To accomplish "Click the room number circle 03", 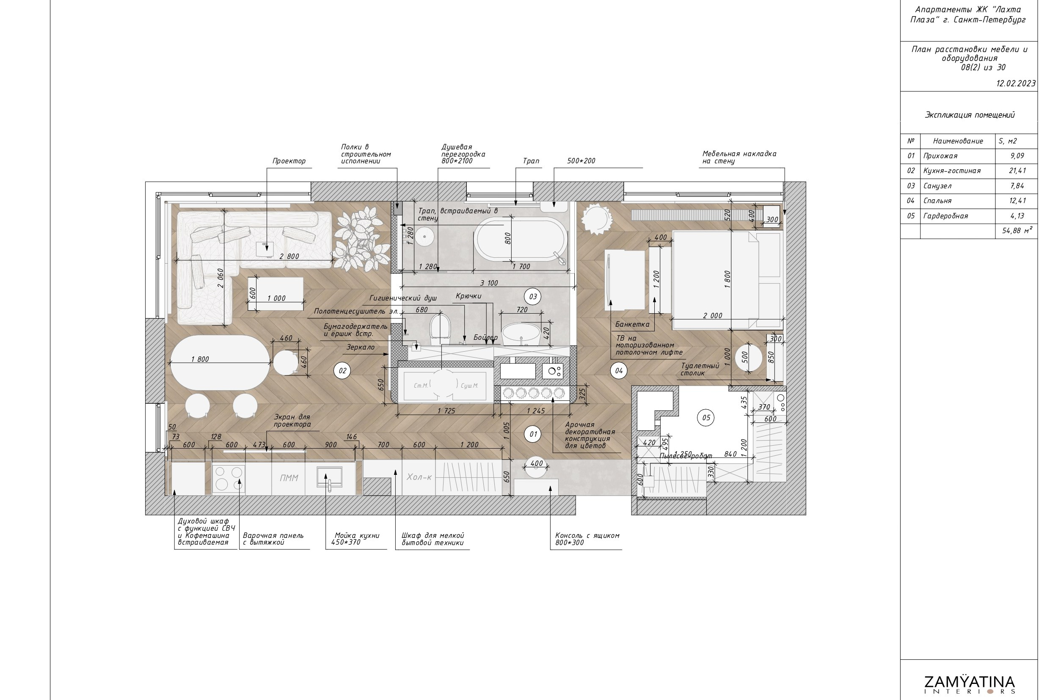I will [532, 296].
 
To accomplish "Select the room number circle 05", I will [706, 417].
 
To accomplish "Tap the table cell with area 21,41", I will [1017, 171].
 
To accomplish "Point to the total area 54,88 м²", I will [1017, 231].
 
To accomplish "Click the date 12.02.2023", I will [1016, 83].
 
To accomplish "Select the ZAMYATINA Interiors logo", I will [969, 684].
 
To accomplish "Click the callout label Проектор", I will [289, 161].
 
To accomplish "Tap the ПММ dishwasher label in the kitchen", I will [289, 478].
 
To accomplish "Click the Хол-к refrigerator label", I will [419, 477].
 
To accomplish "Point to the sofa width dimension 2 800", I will [289, 256].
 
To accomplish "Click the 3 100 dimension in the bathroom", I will [489, 283].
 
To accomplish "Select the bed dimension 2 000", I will [713, 316].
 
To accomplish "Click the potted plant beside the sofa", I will [359, 241].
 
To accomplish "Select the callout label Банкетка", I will [632, 324].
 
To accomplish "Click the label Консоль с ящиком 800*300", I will [587, 539].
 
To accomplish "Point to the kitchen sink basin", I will [329, 477].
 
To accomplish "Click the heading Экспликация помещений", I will [969, 115].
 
